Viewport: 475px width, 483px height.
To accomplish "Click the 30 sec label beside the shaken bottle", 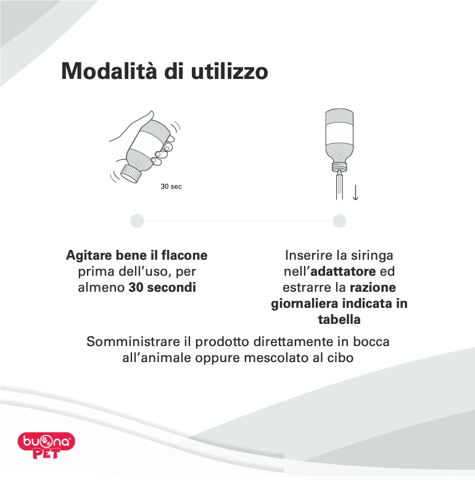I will (x=171, y=186).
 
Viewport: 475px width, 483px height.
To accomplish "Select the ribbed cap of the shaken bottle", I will (x=132, y=173).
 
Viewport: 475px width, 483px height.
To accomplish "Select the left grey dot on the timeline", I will (x=138, y=221).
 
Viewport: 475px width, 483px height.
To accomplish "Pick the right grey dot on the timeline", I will (x=339, y=221).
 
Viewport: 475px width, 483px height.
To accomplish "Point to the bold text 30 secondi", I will (x=162, y=287).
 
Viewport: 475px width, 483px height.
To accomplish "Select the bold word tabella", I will (x=339, y=320).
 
